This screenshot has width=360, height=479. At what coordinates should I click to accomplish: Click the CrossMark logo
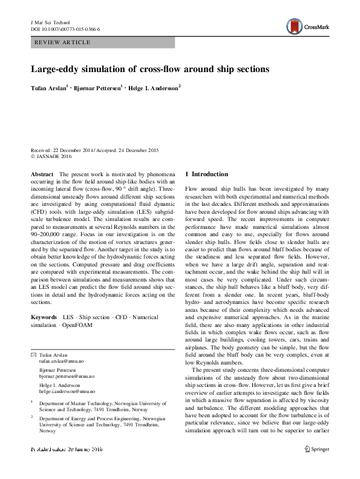pos(305,25)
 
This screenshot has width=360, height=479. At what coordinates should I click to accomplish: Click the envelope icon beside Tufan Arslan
pos(33,354)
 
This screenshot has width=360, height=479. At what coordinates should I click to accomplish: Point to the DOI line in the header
pos(65,29)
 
